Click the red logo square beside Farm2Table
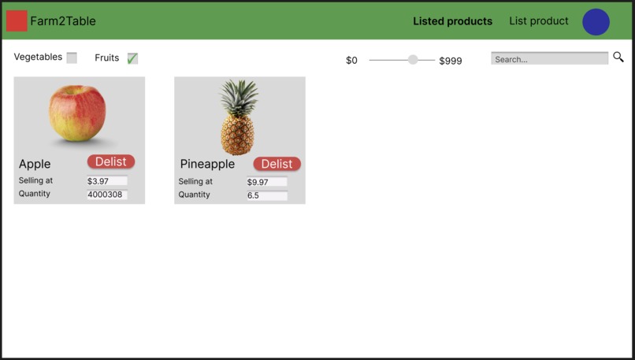point(17,21)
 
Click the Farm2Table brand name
point(63,21)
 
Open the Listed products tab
point(452,21)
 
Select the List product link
point(538,21)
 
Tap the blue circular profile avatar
point(596,22)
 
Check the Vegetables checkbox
point(72,58)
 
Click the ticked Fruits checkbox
point(132,58)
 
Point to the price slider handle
point(413,60)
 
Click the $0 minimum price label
point(351,61)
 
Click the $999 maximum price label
point(451,61)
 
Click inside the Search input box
point(549,59)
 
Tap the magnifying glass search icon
point(618,58)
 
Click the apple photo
point(77,114)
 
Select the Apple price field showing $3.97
point(106,181)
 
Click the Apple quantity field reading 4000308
point(106,195)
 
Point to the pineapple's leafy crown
point(238,96)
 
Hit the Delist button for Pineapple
point(277,164)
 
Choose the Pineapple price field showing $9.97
point(266,182)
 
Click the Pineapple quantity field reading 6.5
point(266,195)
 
